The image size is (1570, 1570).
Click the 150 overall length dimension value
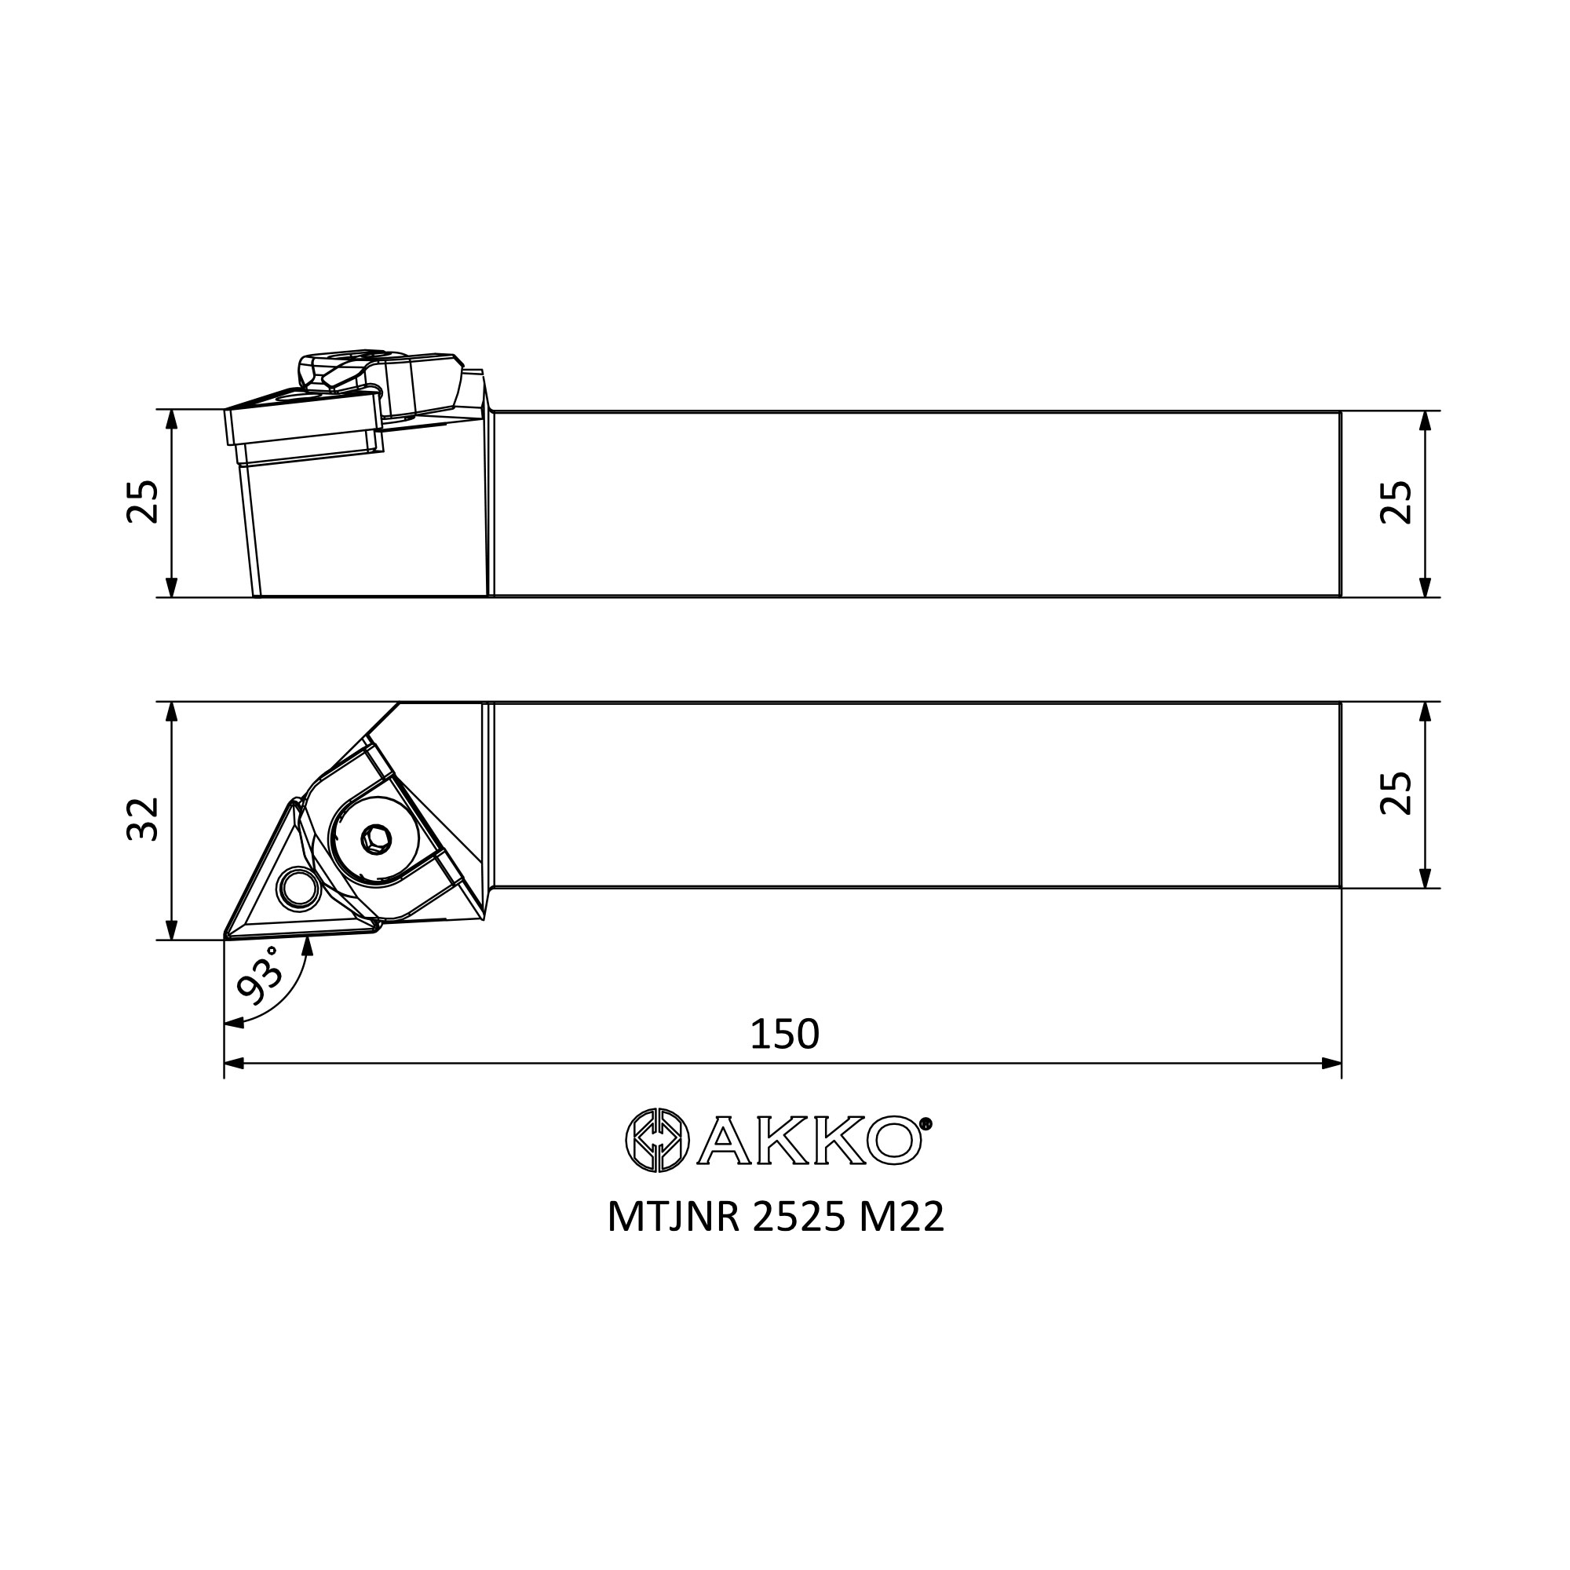tap(784, 1035)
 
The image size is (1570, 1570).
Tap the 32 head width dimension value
tap(143, 819)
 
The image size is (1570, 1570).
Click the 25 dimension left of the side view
tap(143, 502)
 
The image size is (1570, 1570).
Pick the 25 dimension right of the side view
tap(1396, 502)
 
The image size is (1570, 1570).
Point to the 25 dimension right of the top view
tap(1396, 793)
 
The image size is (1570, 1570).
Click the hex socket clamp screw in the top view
tap(374, 838)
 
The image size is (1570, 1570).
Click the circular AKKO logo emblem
tap(657, 1140)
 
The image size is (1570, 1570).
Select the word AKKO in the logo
tap(809, 1141)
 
